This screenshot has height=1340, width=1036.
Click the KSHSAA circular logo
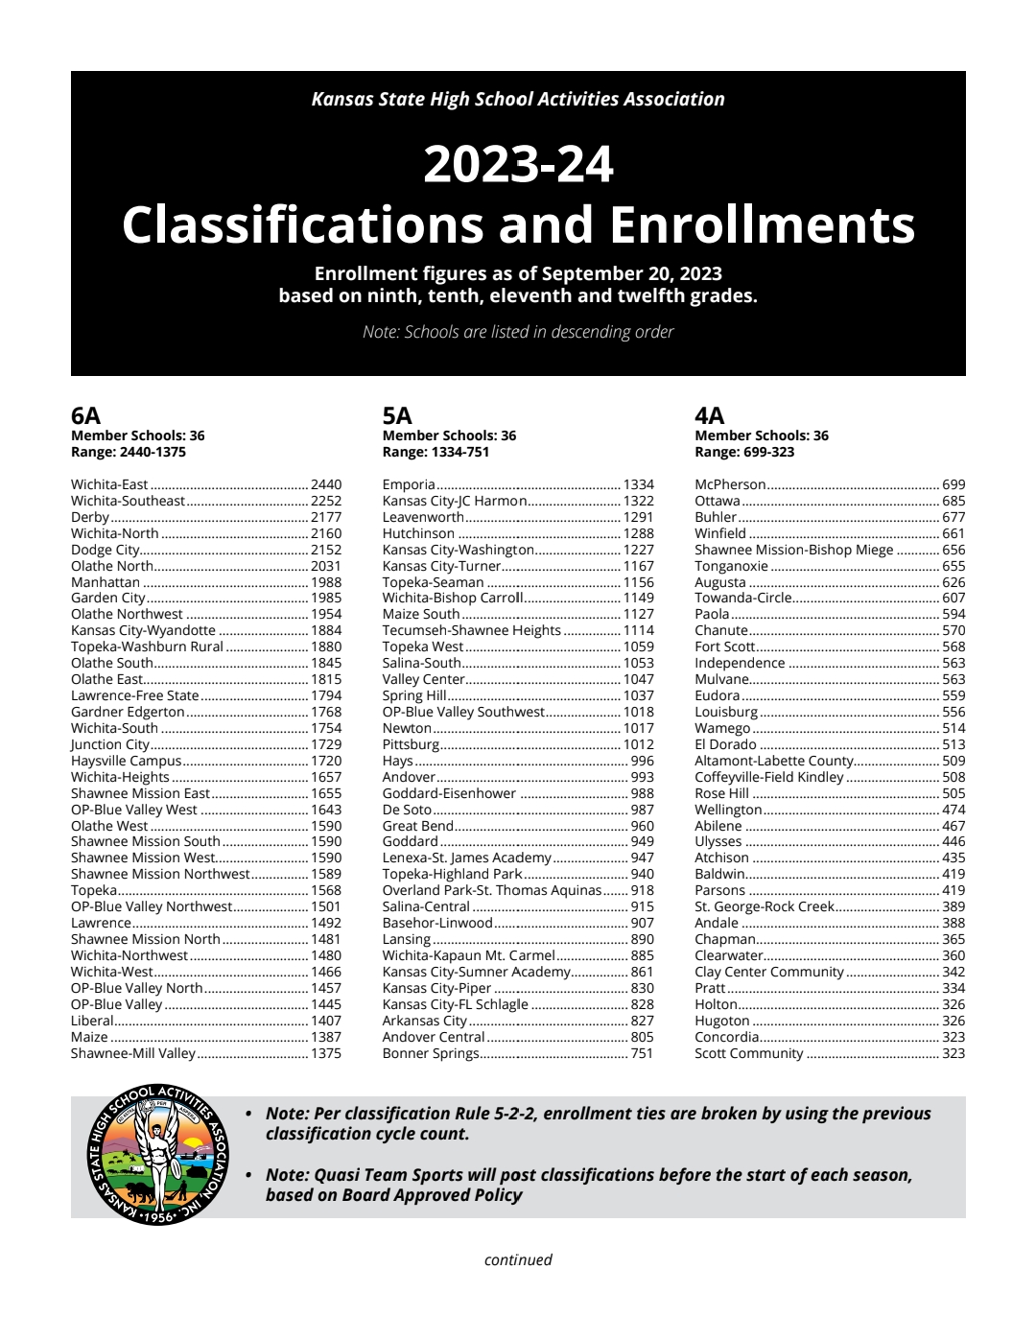click(158, 1156)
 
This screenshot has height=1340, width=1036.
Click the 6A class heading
click(85, 415)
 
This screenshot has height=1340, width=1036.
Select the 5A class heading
click(397, 415)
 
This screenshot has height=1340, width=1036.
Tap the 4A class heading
click(710, 415)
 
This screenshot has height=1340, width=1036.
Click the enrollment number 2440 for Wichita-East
click(326, 484)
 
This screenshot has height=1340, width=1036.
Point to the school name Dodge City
click(106, 550)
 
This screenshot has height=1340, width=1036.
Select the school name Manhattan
click(106, 582)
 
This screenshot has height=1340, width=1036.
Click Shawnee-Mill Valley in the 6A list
click(133, 1053)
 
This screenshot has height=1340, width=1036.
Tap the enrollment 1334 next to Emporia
click(639, 484)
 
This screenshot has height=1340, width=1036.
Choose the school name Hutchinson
click(418, 533)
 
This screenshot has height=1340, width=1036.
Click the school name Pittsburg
click(411, 744)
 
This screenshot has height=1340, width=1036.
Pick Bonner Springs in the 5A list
click(430, 1053)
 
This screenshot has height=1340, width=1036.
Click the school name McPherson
click(730, 484)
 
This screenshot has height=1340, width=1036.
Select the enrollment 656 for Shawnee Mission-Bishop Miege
click(954, 550)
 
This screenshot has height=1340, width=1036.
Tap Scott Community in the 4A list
click(749, 1053)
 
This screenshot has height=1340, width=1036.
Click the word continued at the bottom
click(518, 1259)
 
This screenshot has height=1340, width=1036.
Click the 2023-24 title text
click(518, 164)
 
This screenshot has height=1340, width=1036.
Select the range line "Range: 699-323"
click(744, 452)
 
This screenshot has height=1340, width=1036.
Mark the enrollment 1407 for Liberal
click(326, 1021)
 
